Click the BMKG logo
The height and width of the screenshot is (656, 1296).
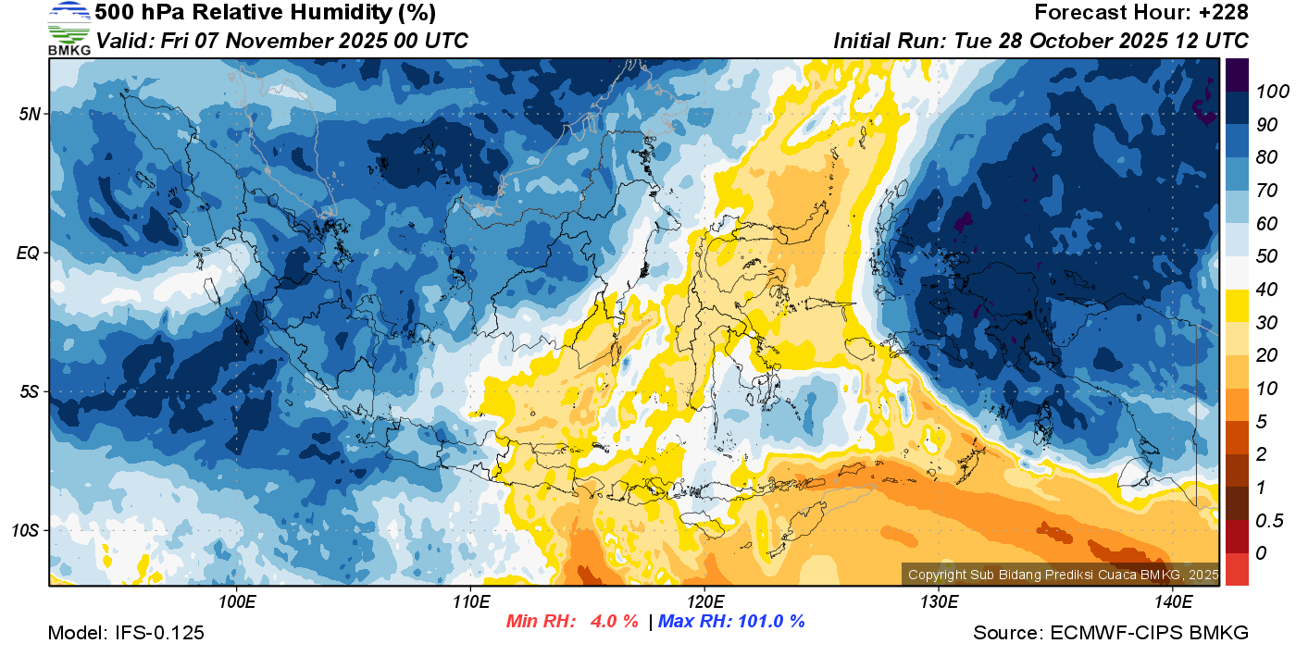(x=69, y=28)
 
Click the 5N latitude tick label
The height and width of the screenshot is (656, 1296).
(x=28, y=114)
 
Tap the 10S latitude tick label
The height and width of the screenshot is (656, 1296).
(x=25, y=531)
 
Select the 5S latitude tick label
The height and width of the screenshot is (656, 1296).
(x=28, y=392)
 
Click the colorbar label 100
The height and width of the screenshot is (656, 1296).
(x=1267, y=92)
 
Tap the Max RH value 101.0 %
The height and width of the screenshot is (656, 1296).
(x=768, y=621)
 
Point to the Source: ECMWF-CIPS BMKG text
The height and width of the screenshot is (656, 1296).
(x=1111, y=633)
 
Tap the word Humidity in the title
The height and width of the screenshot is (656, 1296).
(x=299, y=13)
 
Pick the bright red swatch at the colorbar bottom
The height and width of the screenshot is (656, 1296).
(x=1237, y=569)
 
